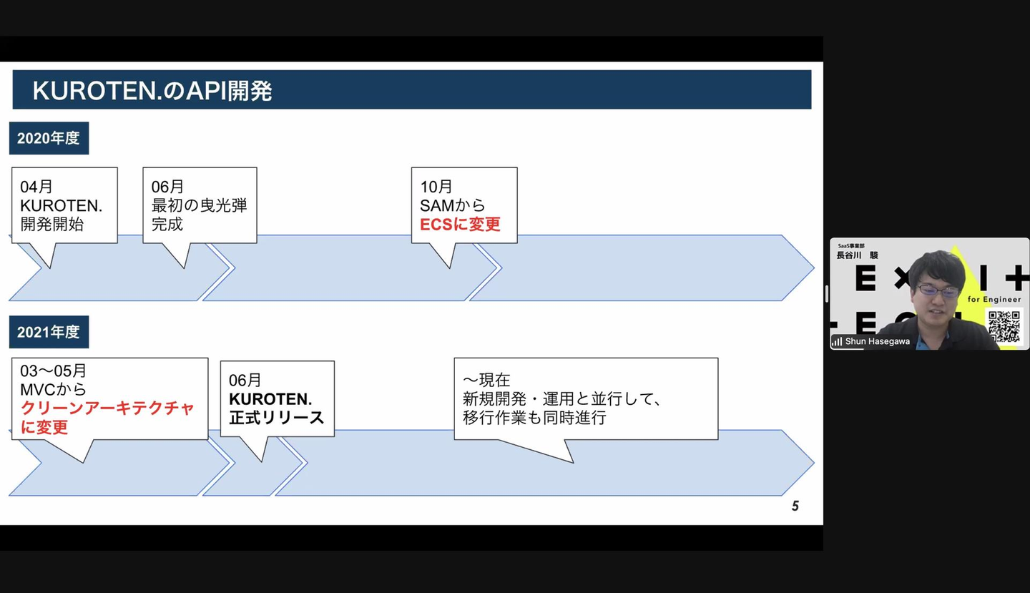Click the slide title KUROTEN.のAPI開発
[152, 91]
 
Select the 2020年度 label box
[49, 138]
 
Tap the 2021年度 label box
[49, 332]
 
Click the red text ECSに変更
[460, 224]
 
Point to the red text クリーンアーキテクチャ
[107, 408]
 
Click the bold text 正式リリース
[277, 417]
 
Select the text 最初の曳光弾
[199, 205]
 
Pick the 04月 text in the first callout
[36, 187]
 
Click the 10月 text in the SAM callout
[436, 187]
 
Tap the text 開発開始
[52, 224]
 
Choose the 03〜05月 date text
[54, 371]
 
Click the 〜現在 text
[486, 380]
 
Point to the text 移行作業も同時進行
[534, 418]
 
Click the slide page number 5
[795, 506]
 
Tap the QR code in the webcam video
[1004, 326]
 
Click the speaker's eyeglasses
[938, 290]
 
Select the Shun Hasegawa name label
[877, 341]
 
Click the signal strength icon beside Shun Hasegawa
[837, 341]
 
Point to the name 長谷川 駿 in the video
[857, 255]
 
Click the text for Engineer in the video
[994, 300]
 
